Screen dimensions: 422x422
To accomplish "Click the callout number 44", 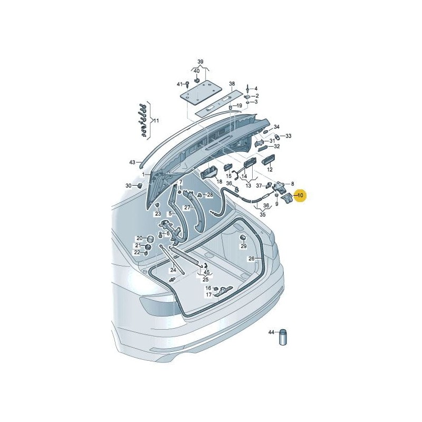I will (x=272, y=332).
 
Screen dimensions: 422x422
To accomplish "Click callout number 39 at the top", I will (x=200, y=61).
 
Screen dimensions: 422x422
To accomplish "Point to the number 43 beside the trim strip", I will (x=132, y=162).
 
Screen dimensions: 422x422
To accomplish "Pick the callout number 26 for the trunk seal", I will (x=252, y=258).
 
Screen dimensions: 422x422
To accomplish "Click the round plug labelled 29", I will (x=243, y=237).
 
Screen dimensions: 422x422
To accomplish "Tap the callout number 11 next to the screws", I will (x=156, y=121).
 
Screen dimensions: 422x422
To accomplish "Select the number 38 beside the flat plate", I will (x=232, y=84).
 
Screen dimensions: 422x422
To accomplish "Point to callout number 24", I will (x=172, y=270).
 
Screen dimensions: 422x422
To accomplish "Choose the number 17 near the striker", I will (x=208, y=295).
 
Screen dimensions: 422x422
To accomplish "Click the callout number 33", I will (x=289, y=136).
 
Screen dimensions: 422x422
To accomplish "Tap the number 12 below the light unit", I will (x=270, y=170).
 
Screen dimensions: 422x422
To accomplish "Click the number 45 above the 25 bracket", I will (x=207, y=272).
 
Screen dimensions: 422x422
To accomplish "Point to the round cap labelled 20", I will (x=149, y=239).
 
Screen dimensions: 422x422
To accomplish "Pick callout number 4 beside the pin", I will (x=256, y=88).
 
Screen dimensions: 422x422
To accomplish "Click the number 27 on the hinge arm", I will (x=187, y=208).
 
